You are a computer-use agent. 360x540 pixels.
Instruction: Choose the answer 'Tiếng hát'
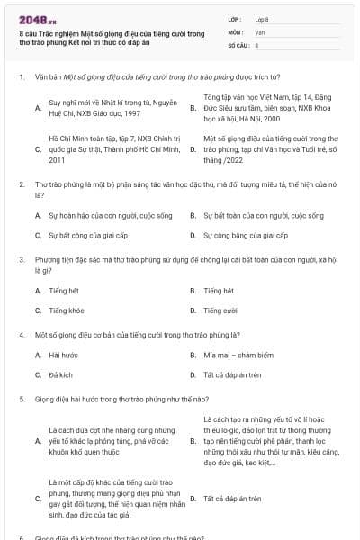click(x=219, y=291)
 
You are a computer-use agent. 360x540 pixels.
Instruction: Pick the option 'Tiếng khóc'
click(x=66, y=310)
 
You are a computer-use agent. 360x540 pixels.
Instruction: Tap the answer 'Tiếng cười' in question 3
click(x=220, y=310)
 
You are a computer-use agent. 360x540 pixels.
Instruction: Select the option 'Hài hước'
click(x=63, y=355)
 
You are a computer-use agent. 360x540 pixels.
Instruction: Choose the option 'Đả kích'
click(x=60, y=373)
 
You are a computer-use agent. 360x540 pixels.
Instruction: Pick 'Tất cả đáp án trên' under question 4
click(x=232, y=373)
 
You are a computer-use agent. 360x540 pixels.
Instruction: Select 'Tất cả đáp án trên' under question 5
click(x=232, y=498)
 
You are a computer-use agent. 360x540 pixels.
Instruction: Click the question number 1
click(x=20, y=77)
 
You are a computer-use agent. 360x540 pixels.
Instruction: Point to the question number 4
click(x=20, y=333)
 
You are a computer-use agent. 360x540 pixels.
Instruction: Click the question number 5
click(x=20, y=396)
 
